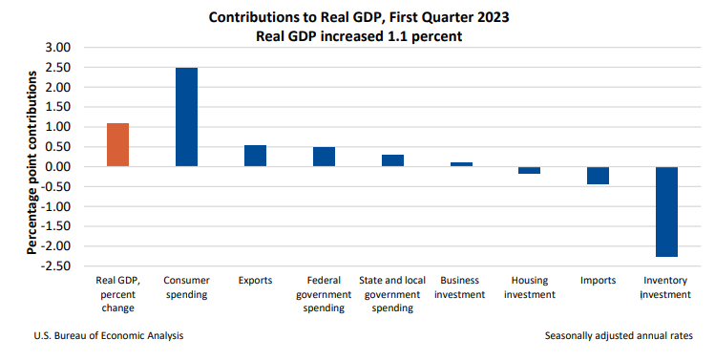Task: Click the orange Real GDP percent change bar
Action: point(117,144)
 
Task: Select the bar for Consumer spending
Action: point(186,116)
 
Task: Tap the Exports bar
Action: point(255,156)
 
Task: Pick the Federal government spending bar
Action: point(324,157)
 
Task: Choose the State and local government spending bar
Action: point(392,160)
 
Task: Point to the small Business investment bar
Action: point(461,164)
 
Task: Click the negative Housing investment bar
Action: point(530,170)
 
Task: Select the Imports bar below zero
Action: point(599,176)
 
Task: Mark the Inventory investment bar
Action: point(666,211)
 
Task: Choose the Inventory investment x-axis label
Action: point(666,287)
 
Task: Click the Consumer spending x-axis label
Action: point(186,287)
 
